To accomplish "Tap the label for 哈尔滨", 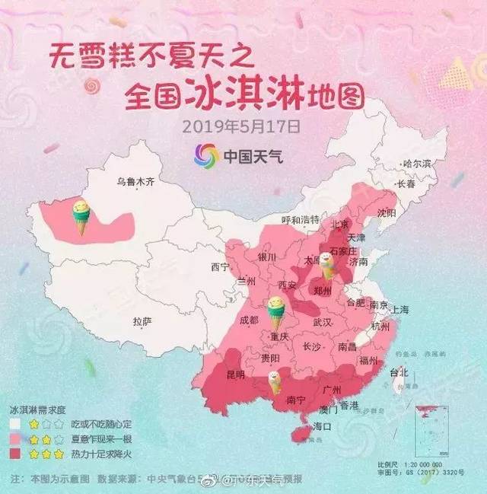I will coord(417,164).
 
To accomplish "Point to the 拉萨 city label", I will coord(142,322).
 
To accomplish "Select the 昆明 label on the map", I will coord(235,374).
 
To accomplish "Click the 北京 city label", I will coord(339,225).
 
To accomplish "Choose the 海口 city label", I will coord(323,426).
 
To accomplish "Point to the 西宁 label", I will coord(220,267).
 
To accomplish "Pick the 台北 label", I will coord(399,372).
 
